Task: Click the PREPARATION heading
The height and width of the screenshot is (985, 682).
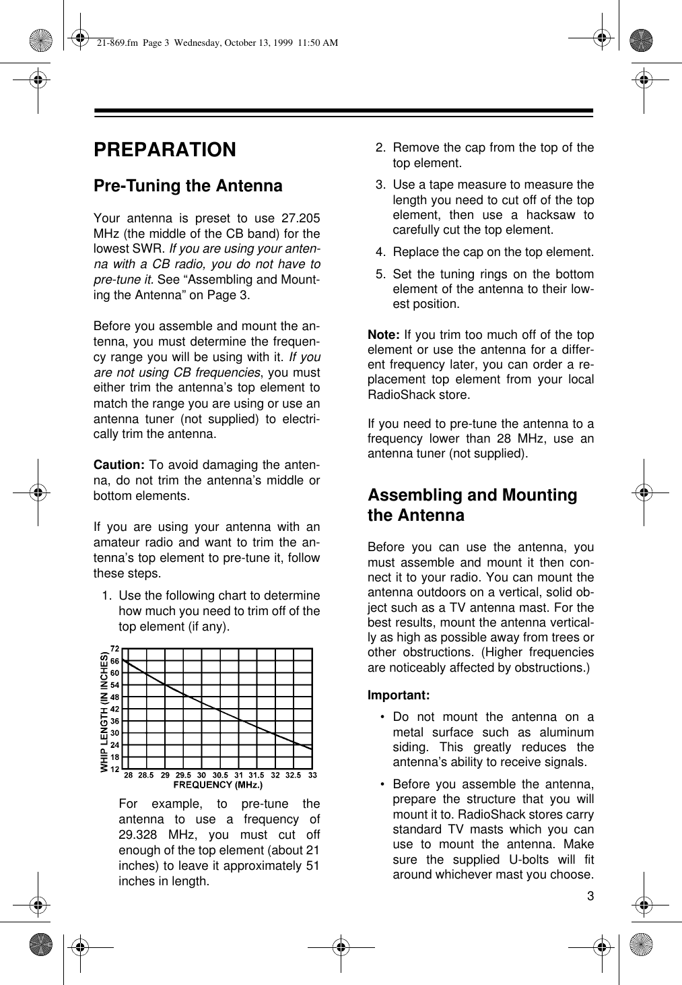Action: pyautogui.click(x=165, y=150)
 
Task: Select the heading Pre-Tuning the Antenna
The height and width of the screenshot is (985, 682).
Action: pyautogui.click(x=188, y=186)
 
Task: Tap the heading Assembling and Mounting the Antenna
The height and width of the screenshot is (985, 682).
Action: pyautogui.click(x=472, y=505)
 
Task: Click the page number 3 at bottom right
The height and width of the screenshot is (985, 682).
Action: pyautogui.click(x=590, y=896)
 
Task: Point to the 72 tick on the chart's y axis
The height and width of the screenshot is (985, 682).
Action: pyautogui.click(x=115, y=648)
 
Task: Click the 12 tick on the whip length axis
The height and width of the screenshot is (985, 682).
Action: pyautogui.click(x=115, y=769)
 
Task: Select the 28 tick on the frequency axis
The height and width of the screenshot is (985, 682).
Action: pyautogui.click(x=129, y=775)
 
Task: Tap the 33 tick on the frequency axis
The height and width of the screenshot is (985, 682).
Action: pyautogui.click(x=312, y=775)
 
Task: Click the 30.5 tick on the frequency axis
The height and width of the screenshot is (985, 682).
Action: pyautogui.click(x=221, y=775)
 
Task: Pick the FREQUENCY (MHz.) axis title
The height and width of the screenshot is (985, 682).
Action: pyautogui.click(x=218, y=784)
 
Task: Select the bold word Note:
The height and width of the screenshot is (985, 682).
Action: pyautogui.click(x=384, y=335)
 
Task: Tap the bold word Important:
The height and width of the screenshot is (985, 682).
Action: pyautogui.click(x=399, y=695)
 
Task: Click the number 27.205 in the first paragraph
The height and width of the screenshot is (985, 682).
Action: pyautogui.click(x=301, y=219)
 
